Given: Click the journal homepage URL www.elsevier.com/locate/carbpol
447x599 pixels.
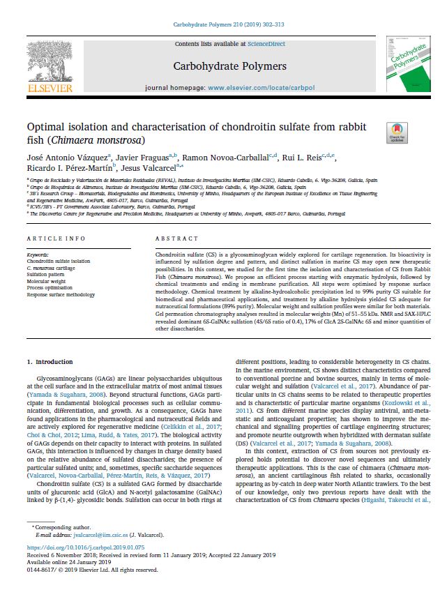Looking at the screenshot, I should click(254, 89).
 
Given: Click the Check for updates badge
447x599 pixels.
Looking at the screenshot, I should click(397, 132).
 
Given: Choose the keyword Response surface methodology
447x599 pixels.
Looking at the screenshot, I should click(61, 295).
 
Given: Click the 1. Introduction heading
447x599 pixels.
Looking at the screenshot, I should click(49, 363).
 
